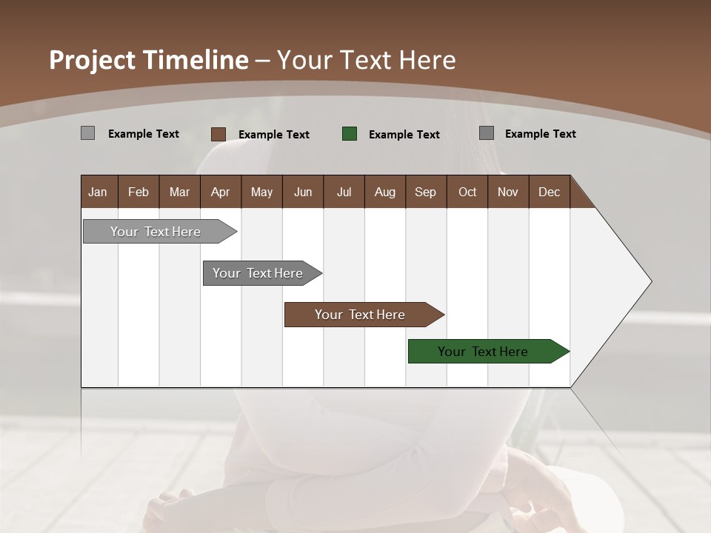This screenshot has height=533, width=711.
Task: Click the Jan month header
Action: pyautogui.click(x=99, y=192)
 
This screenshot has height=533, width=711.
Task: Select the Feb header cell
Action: pyautogui.click(x=138, y=192)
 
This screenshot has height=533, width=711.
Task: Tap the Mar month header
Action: pyautogui.click(x=179, y=192)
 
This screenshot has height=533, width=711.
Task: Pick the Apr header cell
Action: pyautogui.click(x=221, y=192)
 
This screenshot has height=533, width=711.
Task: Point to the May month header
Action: pyautogui.click(x=261, y=192)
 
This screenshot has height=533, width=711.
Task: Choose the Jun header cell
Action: pyautogui.click(x=303, y=192)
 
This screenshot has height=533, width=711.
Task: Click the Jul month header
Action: pyautogui.click(x=344, y=192)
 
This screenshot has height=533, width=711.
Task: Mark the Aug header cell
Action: pyautogui.click(x=385, y=192)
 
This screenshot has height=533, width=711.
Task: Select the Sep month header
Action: pyautogui.click(x=426, y=192)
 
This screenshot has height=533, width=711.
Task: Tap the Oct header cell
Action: pyautogui.click(x=467, y=192)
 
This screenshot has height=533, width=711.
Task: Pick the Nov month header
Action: pyautogui.click(x=508, y=192)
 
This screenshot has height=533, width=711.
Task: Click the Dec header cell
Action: pyautogui.click(x=550, y=192)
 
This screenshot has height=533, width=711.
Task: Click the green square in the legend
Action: pyautogui.click(x=350, y=134)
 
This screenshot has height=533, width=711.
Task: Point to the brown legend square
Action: pyautogui.click(x=218, y=134)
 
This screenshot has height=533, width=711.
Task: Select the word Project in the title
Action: pyautogui.click(x=92, y=60)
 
